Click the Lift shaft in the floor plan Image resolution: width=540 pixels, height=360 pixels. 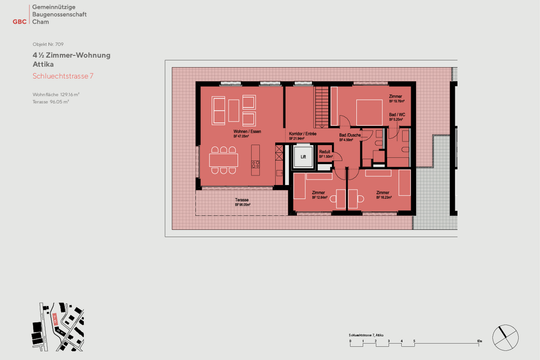(303, 158)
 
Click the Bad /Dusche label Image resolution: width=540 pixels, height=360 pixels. (349, 137)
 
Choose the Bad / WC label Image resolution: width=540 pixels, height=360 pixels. (397, 117)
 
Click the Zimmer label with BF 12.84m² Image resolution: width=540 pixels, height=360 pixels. (319, 195)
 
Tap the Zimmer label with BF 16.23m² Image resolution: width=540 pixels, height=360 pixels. (383, 195)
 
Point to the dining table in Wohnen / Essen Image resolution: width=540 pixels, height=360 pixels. (223, 160)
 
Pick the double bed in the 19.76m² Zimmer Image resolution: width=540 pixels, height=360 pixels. (369, 112)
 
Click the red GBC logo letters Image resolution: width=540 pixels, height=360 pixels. (20, 22)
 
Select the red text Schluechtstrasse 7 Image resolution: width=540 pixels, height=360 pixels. (63, 76)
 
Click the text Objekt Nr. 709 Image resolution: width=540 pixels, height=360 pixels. (49, 44)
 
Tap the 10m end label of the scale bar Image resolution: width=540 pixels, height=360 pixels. (479, 342)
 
